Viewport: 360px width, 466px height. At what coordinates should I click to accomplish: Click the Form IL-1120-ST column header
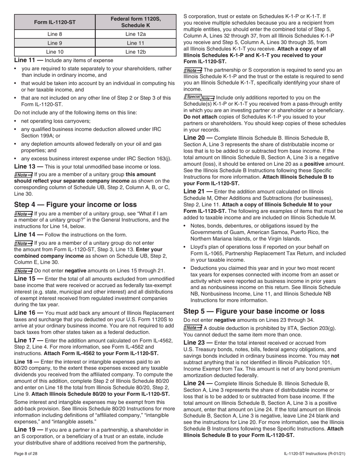pyautogui.click(x=55, y=22)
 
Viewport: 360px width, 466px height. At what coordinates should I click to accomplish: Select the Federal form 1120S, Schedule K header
pyautogui.click(x=136, y=22)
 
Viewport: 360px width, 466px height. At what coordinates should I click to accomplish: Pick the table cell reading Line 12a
pyautogui.click(x=136, y=34)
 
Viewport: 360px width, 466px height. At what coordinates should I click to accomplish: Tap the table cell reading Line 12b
pyautogui.click(x=136, y=52)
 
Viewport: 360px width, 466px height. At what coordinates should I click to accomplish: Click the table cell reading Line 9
pyautogui.click(x=55, y=43)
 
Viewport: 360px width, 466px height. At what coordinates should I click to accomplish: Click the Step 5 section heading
pyautogui.click(x=254, y=311)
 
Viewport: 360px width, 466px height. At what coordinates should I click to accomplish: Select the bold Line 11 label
pyautogui.click(x=25, y=60)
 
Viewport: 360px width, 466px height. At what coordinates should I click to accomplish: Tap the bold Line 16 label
pyautogui.click(x=25, y=313)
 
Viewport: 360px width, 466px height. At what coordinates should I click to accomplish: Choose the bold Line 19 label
pyautogui.click(x=25, y=430)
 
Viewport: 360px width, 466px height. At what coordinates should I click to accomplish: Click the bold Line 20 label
pyautogui.click(x=194, y=138)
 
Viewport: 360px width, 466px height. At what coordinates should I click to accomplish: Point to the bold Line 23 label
pyautogui.click(x=194, y=343)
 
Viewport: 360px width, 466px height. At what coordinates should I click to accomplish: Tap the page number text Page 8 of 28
pyautogui.click(x=26, y=453)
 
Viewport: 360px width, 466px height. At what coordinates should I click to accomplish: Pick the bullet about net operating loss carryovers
pyautogui.click(x=56, y=121)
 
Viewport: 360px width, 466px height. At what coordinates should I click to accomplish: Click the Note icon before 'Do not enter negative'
pyautogui.click(x=23, y=271)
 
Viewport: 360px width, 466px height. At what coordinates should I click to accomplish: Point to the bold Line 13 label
pyautogui.click(x=25, y=167)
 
